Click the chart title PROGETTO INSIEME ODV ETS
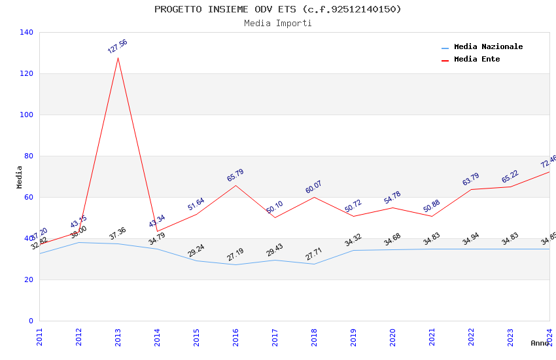click(x=277, y=9)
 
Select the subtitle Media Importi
click(x=277, y=24)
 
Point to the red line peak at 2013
click(x=118, y=58)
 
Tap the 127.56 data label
click(x=118, y=46)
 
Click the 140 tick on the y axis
click(x=27, y=32)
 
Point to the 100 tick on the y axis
click(x=27, y=115)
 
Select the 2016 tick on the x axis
click(x=235, y=336)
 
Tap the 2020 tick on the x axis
click(x=392, y=336)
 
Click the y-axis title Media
click(x=20, y=177)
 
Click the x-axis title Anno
click(x=540, y=343)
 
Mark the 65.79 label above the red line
click(x=235, y=175)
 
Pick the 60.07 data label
click(x=314, y=187)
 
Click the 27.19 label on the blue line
click(x=235, y=255)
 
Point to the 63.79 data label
click(x=471, y=179)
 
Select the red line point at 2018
click(x=314, y=197)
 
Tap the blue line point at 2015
click(x=196, y=261)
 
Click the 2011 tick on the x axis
click(x=39, y=336)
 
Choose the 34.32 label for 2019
click(x=353, y=240)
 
